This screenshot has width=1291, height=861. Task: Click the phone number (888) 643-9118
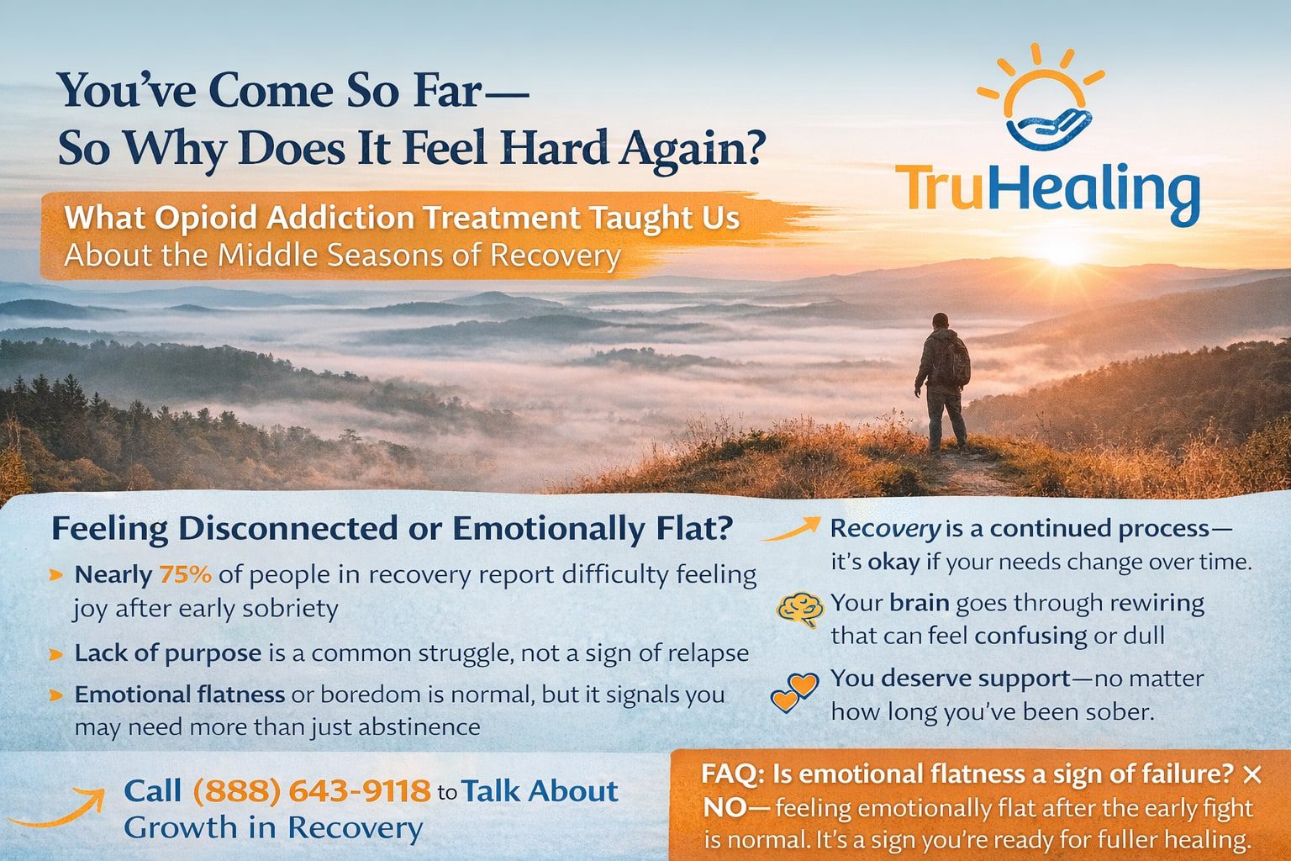click(311, 791)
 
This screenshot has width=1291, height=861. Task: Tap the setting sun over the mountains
click(1066, 251)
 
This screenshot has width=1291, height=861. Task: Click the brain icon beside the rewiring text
click(799, 610)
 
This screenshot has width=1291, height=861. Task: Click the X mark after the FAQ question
click(1251, 774)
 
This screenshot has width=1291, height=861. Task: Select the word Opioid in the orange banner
click(205, 218)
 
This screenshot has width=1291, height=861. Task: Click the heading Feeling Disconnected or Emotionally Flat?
click(392, 529)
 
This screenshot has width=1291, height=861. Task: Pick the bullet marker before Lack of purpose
click(56, 654)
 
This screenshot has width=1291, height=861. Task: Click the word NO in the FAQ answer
click(725, 808)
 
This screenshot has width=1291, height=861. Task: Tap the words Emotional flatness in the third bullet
click(179, 695)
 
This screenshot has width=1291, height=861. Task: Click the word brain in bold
click(919, 603)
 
